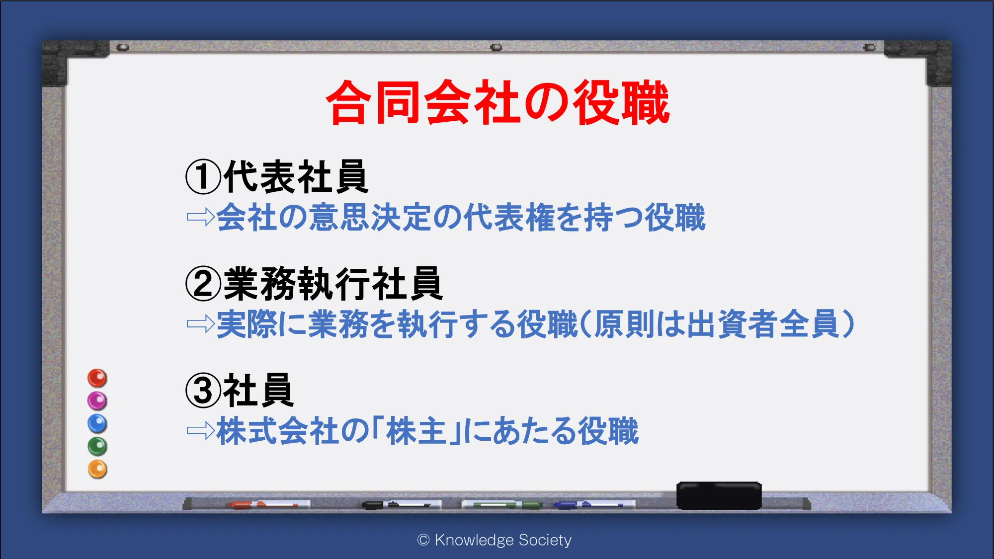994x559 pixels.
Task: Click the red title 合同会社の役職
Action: pos(497,102)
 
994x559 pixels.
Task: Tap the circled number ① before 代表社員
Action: pos(203,176)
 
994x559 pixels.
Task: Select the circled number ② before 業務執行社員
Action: pos(203,283)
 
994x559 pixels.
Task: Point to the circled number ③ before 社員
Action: pos(203,391)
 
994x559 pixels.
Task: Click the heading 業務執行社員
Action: pos(333,283)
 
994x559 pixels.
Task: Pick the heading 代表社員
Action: pos(296,176)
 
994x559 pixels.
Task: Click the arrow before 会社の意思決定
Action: pos(200,217)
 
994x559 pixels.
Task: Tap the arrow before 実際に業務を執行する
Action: pos(200,324)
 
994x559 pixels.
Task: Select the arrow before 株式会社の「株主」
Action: pos(200,431)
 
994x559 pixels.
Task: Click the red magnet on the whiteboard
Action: pos(97,378)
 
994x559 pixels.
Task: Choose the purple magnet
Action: pos(97,400)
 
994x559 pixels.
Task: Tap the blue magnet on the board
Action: pos(97,423)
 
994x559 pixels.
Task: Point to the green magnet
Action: pos(97,446)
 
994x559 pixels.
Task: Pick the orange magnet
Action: pos(97,469)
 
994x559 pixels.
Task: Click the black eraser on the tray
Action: pos(719,495)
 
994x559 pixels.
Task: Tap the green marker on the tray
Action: pos(502,505)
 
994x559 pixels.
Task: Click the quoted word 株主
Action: pos(416,431)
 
